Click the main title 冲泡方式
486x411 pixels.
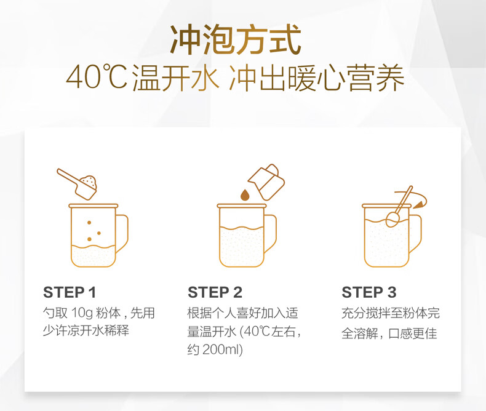coord(236,39)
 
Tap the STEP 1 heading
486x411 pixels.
coord(70,292)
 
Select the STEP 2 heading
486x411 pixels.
coord(215,292)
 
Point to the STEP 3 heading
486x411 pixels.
coord(369,292)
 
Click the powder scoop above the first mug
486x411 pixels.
coord(78,183)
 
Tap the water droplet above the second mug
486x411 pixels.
coord(245,195)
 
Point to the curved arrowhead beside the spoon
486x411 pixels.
coord(419,204)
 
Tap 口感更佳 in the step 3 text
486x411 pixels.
coord(413,333)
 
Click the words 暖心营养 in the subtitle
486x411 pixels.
coord(346,78)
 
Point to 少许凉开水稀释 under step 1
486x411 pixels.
coord(86,330)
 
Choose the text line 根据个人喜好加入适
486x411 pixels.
coord(242,313)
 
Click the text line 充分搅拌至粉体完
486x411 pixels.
coord(391,313)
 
